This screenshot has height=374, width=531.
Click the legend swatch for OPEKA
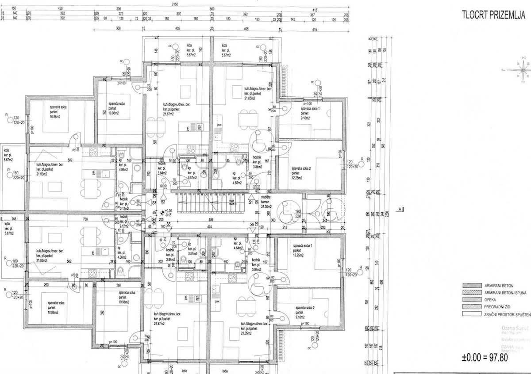pos(471,300)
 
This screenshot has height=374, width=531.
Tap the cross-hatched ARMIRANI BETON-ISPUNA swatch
pos(471,293)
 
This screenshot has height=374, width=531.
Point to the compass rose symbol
pos(523,70)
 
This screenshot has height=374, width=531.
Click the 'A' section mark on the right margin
pos(400,210)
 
